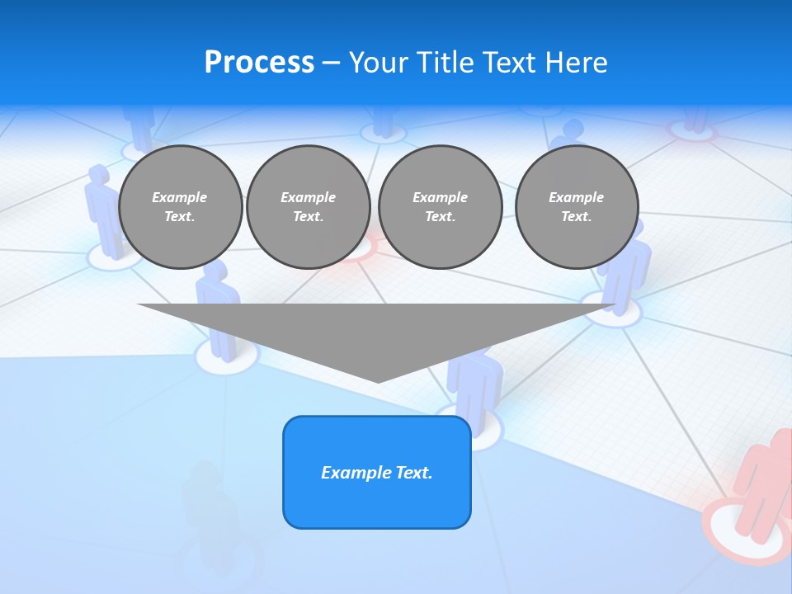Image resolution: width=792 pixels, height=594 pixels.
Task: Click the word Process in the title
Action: click(259, 63)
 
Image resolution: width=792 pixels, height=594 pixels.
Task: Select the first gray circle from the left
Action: click(180, 207)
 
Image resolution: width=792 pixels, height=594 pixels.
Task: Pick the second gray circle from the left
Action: click(308, 207)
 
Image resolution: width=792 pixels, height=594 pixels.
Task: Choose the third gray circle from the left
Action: click(440, 207)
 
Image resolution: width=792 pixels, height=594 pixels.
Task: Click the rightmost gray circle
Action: click(576, 207)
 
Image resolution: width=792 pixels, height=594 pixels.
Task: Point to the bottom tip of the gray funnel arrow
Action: click(378, 381)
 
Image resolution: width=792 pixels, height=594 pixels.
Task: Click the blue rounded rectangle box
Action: click(377, 472)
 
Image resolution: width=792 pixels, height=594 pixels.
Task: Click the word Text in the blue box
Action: click(414, 473)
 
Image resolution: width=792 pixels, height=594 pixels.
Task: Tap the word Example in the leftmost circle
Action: click(180, 197)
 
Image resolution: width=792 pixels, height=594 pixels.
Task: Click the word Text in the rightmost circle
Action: click(576, 217)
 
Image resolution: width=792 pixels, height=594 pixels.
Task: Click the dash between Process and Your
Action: click(332, 63)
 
